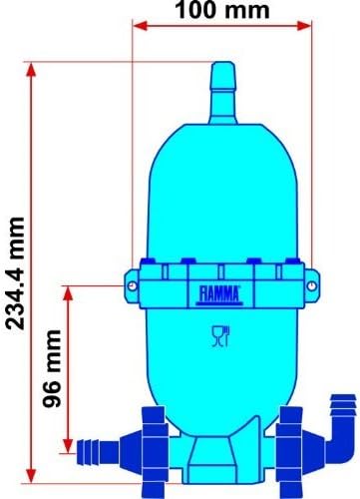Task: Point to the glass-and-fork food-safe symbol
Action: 218,337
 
